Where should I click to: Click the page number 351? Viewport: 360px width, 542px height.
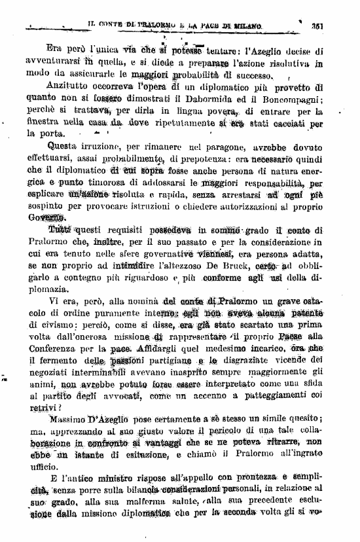(319, 26)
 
